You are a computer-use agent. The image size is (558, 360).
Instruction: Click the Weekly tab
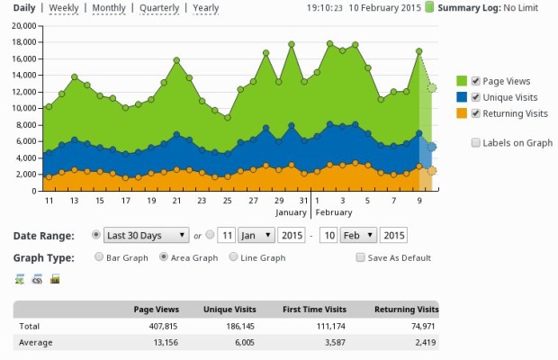coord(64,8)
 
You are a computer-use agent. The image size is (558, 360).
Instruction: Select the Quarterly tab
coord(159,8)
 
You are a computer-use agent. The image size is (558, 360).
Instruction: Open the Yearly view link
coord(206,8)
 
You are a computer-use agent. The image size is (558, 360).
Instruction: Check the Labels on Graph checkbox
coord(475,142)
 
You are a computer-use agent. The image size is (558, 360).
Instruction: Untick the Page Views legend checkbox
coord(475,81)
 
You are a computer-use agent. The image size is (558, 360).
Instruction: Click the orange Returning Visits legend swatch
coord(462,113)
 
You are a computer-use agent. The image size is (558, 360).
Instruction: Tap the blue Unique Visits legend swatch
coord(462,97)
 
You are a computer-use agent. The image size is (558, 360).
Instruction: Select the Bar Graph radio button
coord(99,256)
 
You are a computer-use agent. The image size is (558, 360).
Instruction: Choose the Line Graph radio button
coord(233,256)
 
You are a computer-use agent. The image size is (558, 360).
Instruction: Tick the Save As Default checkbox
coord(361,257)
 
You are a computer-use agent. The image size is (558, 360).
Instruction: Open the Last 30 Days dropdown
coord(147,235)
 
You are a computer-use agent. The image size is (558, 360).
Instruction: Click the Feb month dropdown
coord(358,235)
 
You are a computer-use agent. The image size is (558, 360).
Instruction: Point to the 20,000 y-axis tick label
coord(24,25)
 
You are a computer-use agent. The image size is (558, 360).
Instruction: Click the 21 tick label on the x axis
coord(176,201)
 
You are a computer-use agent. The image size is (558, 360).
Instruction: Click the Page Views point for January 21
coord(176,60)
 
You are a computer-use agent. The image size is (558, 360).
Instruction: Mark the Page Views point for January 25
coord(228,117)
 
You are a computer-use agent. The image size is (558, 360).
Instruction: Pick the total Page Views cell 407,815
coord(163,326)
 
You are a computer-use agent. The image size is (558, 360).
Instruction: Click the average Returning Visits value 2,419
coord(426,343)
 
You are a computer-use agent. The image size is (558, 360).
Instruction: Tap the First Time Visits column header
coord(315,310)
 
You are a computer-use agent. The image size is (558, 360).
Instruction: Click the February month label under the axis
coord(334,212)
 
